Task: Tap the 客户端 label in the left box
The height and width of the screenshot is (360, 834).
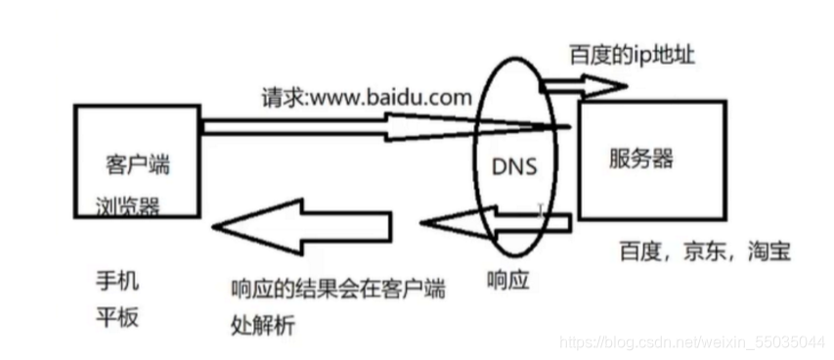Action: point(136,164)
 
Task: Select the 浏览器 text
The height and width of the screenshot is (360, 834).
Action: point(122,206)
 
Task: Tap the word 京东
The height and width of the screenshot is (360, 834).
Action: point(702,251)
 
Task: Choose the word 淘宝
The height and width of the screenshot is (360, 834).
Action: point(766,251)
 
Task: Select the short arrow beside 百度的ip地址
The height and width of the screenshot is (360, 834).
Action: point(583,87)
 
